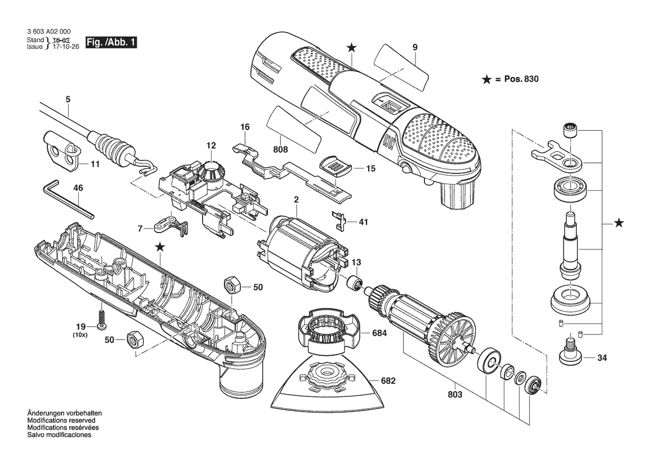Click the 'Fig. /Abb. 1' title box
click(111, 42)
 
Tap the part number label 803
click(455, 395)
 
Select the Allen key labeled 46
click(69, 199)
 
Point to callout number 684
click(379, 333)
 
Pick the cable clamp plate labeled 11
click(61, 151)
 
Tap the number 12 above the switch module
click(211, 145)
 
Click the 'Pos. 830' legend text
click(521, 79)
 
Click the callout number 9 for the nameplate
click(415, 47)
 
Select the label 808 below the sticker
click(280, 149)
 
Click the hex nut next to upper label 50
click(231, 286)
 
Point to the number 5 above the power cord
click(68, 100)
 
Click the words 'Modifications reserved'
click(61, 421)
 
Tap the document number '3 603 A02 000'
click(48, 32)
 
